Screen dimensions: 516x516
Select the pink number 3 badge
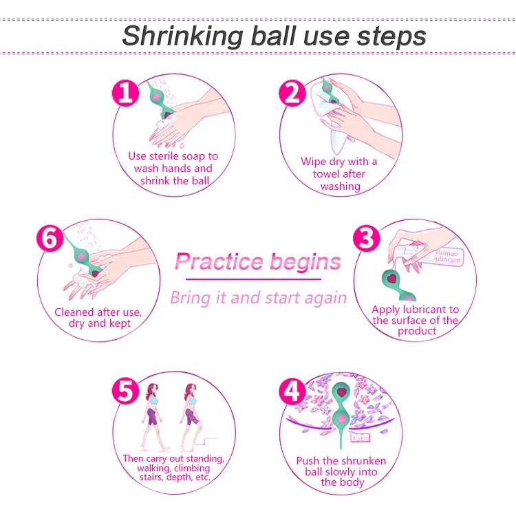pyautogui.click(x=366, y=238)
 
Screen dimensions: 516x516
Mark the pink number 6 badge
pyautogui.click(x=48, y=238)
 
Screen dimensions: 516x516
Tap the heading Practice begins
pyautogui.click(x=257, y=261)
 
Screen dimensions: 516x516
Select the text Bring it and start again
pyautogui.click(x=258, y=298)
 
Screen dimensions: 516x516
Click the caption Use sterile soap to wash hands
pyautogui.click(x=173, y=169)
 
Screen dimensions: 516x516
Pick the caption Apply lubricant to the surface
pyautogui.click(x=416, y=321)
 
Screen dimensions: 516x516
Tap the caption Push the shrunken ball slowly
pyautogui.click(x=340, y=471)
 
